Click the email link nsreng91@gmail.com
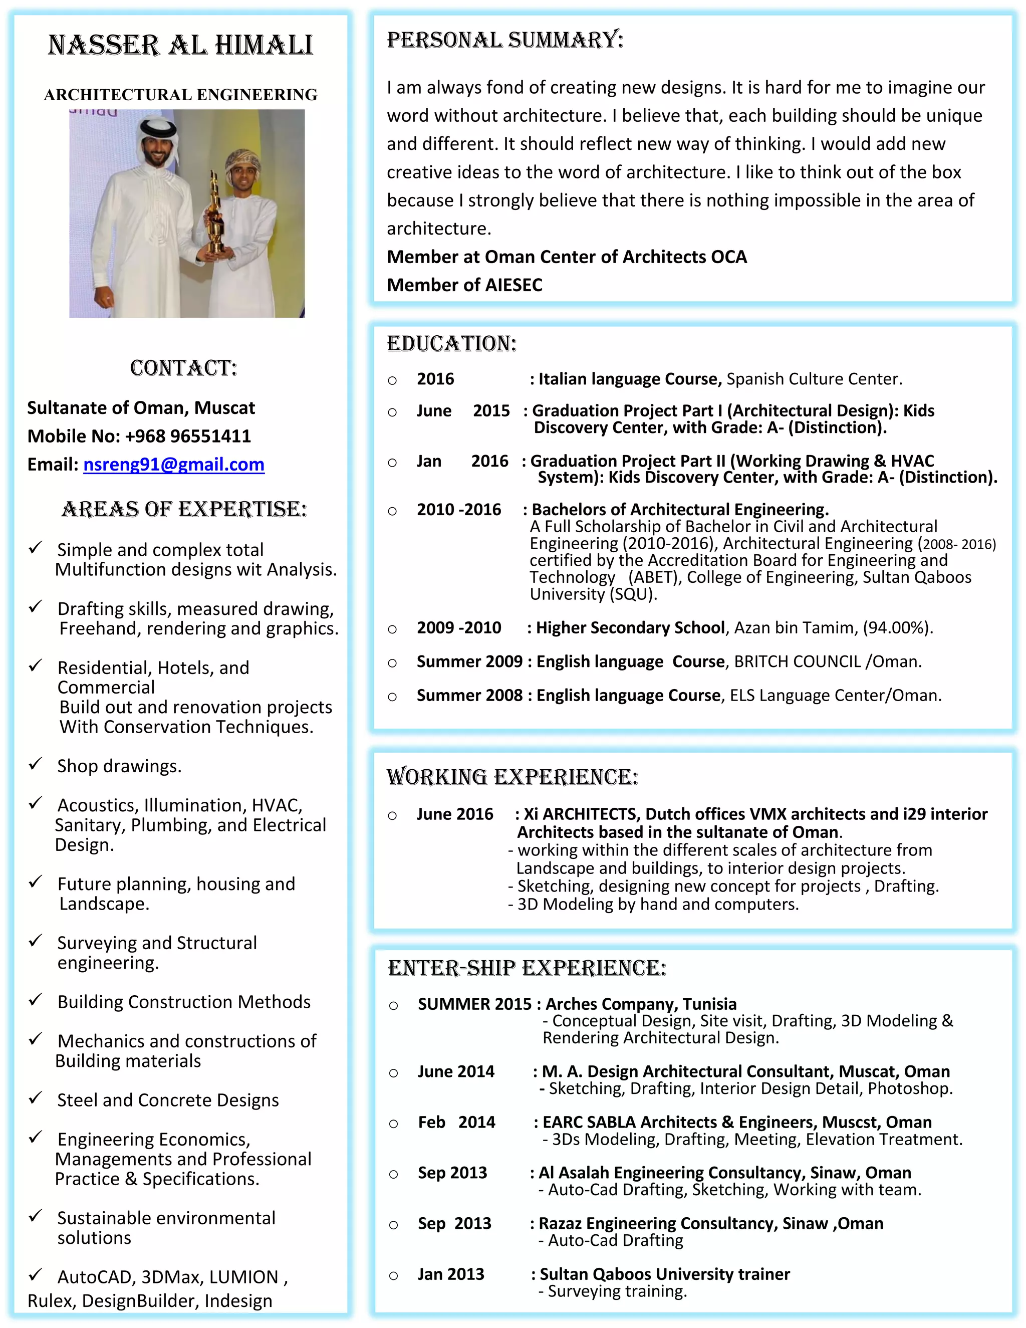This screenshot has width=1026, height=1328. tap(174, 465)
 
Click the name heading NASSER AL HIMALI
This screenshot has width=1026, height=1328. tap(180, 46)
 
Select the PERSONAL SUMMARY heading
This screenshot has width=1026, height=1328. tap(505, 40)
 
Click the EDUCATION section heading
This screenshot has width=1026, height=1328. tap(451, 344)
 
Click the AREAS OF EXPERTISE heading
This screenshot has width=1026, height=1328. tap(184, 509)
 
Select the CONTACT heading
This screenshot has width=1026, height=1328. tap(183, 368)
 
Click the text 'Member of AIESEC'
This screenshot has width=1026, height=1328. tap(464, 285)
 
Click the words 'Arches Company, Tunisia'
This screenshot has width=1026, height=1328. tap(641, 1004)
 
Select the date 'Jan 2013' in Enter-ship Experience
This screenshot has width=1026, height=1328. tap(450, 1274)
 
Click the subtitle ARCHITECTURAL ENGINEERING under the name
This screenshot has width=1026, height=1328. tap(180, 95)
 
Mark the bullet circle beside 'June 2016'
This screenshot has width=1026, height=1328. tap(393, 815)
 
